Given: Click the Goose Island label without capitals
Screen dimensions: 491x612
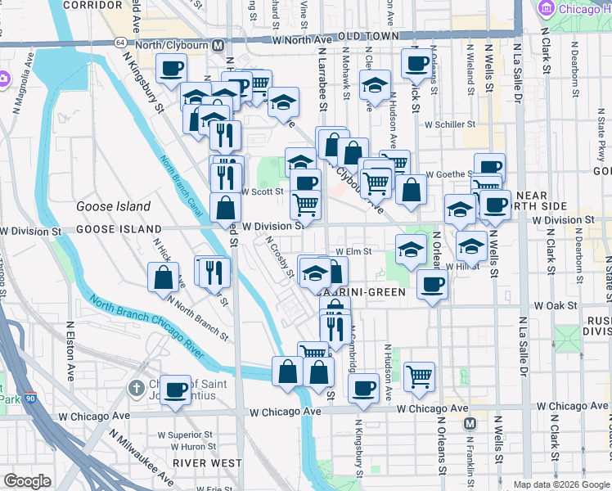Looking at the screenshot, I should pos(114,206).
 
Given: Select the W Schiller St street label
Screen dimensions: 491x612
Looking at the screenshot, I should pos(449,124).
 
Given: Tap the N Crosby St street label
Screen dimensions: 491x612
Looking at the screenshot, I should pos(279,257).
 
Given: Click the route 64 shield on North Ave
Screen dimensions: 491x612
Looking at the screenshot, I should pos(120,42).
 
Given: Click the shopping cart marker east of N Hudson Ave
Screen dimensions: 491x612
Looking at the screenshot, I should pos(419,376).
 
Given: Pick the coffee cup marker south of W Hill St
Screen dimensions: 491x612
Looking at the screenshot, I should pos(431,285).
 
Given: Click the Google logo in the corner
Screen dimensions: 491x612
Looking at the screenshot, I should pos(27,481).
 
